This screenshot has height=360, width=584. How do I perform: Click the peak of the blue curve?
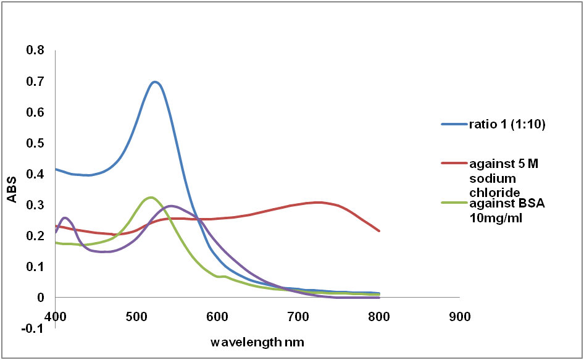pyautogui.click(x=155, y=82)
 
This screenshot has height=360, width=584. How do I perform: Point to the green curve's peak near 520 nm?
pyautogui.click(x=151, y=198)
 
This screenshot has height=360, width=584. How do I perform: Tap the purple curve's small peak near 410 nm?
pyautogui.click(x=65, y=217)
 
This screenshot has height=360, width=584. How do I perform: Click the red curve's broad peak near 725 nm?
pyautogui.click(x=319, y=202)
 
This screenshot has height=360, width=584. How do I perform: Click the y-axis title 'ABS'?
pyautogui.click(x=12, y=190)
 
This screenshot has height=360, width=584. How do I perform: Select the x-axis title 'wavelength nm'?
pyautogui.click(x=257, y=341)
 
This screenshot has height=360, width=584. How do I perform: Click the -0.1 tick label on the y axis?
pyautogui.click(x=34, y=329)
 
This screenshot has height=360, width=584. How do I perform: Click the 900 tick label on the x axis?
pyautogui.click(x=459, y=317)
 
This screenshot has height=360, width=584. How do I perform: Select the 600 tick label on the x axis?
pyautogui.click(x=217, y=317)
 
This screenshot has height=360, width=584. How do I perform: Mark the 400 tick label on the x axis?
pyautogui.click(x=56, y=317)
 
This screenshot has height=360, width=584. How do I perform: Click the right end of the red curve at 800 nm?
pyautogui.click(x=379, y=231)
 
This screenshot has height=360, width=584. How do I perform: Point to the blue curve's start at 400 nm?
pyautogui.click(x=56, y=169)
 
